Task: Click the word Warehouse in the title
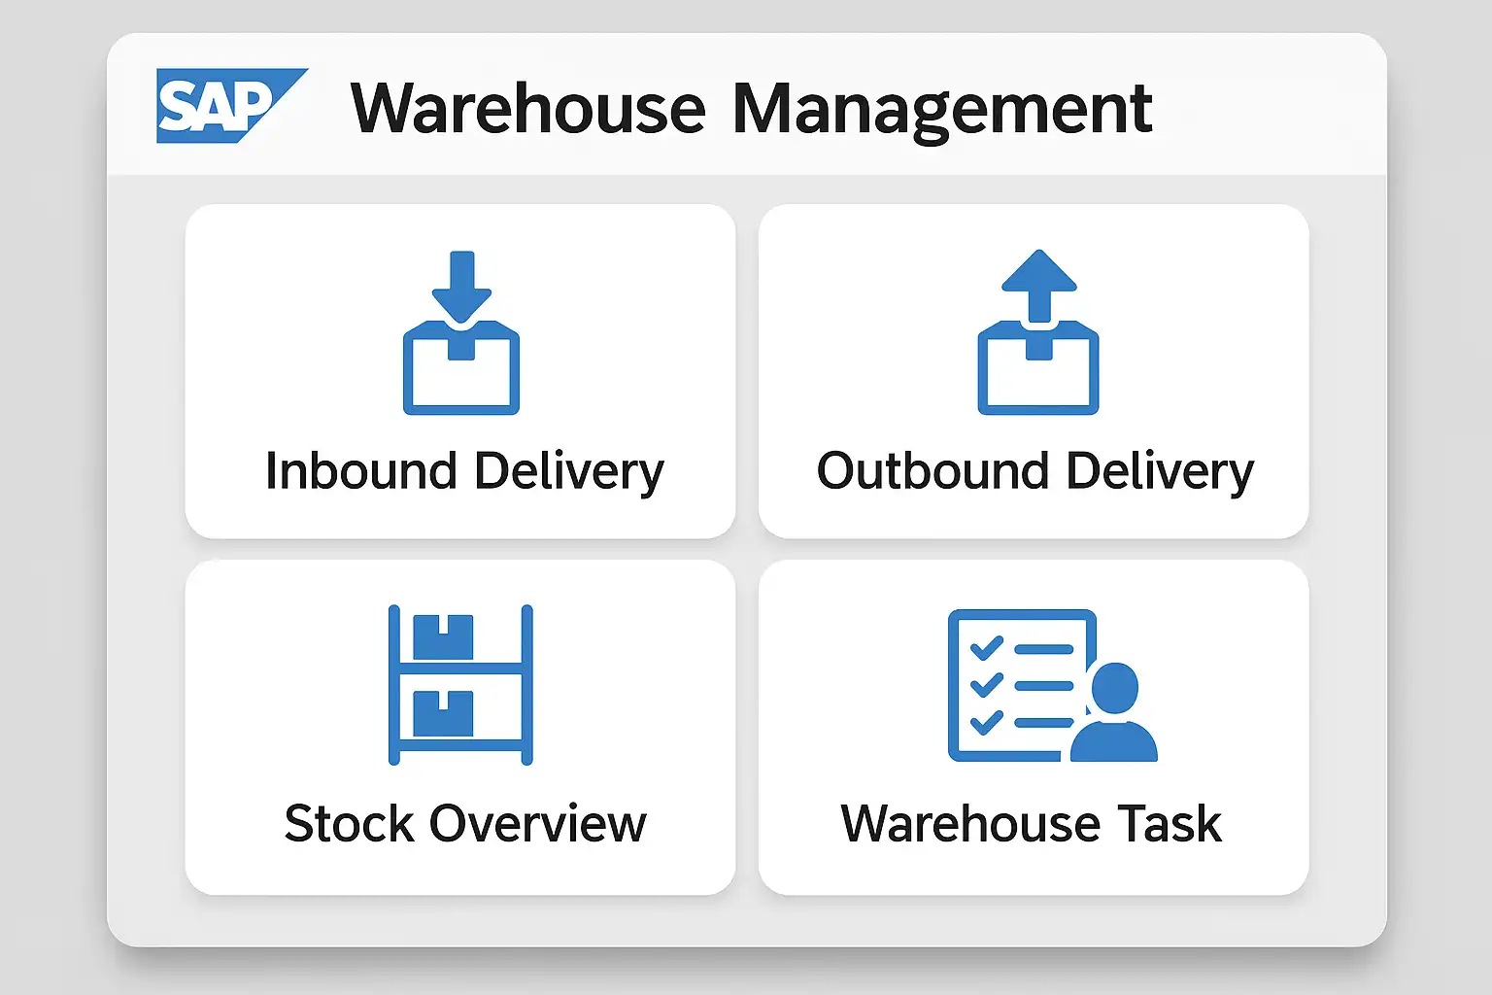pos(527,108)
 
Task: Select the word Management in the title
pos(941,110)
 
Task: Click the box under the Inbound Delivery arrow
pos(461,374)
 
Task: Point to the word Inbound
pos(360,471)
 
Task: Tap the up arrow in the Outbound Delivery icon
pos(1038,282)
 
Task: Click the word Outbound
pos(932,471)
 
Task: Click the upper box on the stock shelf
pos(443,636)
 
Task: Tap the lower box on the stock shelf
pos(443,712)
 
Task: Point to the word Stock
pos(350,824)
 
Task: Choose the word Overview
pos(537,824)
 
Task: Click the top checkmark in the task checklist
pos(986,647)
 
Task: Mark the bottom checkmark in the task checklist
pos(986,722)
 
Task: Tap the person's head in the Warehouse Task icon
pos(1114,688)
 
